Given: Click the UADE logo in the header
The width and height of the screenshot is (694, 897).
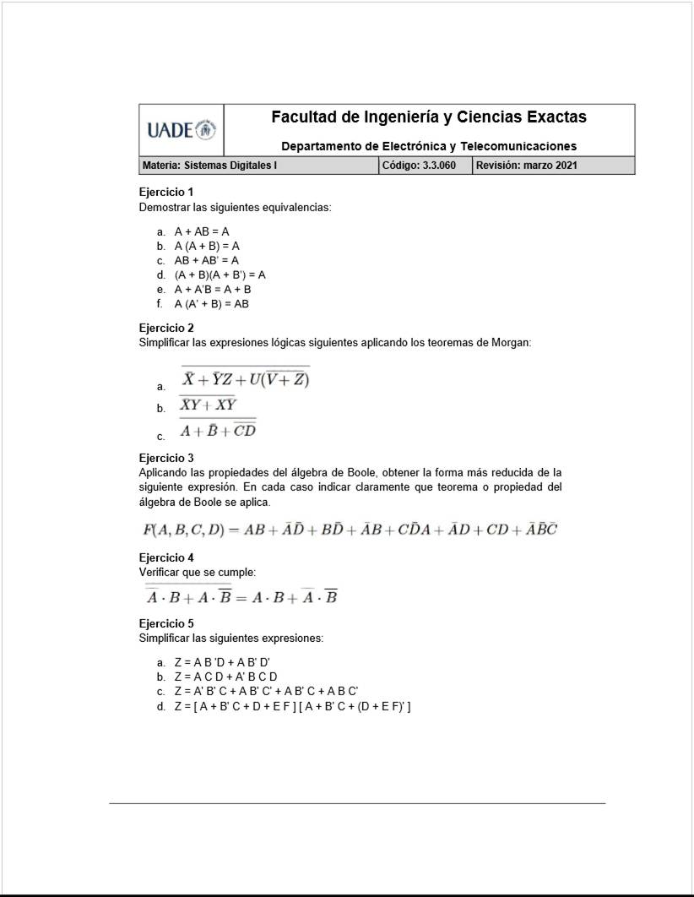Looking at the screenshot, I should click(182, 130).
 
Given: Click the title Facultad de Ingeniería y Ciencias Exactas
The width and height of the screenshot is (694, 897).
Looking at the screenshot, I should click(429, 117).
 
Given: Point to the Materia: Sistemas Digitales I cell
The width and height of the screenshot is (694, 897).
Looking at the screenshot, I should click(208, 166).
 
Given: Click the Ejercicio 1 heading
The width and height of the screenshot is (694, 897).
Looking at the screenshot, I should click(166, 192).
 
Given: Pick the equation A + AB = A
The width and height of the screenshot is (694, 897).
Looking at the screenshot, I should click(202, 231).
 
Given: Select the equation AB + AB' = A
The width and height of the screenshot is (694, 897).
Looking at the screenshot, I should click(206, 260).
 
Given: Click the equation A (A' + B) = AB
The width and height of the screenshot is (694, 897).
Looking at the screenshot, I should click(211, 304).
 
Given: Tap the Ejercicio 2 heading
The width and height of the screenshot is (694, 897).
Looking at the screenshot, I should click(166, 328).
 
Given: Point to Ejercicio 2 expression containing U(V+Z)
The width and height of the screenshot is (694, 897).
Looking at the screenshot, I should click(245, 380).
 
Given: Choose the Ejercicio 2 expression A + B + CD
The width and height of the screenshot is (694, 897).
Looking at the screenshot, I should click(218, 431).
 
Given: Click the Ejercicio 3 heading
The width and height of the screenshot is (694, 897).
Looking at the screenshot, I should click(166, 458).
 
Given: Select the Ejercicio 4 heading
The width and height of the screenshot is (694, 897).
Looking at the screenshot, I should click(166, 557).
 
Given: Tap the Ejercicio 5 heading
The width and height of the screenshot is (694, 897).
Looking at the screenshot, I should click(166, 623).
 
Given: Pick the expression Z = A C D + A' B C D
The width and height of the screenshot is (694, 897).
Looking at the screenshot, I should click(225, 677).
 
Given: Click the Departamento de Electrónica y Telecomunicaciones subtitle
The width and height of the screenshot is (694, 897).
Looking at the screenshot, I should click(429, 146).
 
